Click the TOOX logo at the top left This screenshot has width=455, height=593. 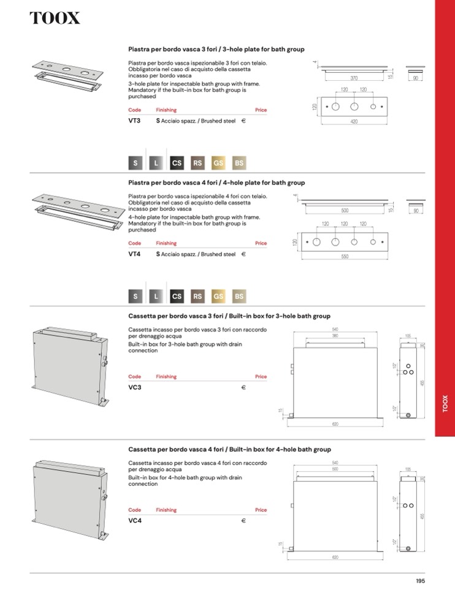tap(55, 18)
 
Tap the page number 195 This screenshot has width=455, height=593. tap(420, 581)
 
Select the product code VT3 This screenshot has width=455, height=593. tap(134, 121)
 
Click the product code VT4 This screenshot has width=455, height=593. tap(134, 254)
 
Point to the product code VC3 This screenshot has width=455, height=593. tap(135, 387)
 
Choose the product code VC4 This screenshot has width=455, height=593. tap(135, 521)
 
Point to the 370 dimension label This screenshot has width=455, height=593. tap(354, 78)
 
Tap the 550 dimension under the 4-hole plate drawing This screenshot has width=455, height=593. tap(345, 257)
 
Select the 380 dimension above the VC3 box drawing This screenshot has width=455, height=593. tap(335, 336)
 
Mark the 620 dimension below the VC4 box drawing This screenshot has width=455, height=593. tap(335, 557)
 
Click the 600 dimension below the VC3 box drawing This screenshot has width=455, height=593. tap(335, 424)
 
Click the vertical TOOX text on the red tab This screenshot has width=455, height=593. tap(445, 405)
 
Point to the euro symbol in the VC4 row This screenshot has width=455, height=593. tap(243, 521)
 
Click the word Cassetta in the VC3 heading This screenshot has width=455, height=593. tap(141, 316)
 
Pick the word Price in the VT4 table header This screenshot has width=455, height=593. tap(261, 243)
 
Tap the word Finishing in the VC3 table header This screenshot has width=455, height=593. tap(166, 377)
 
